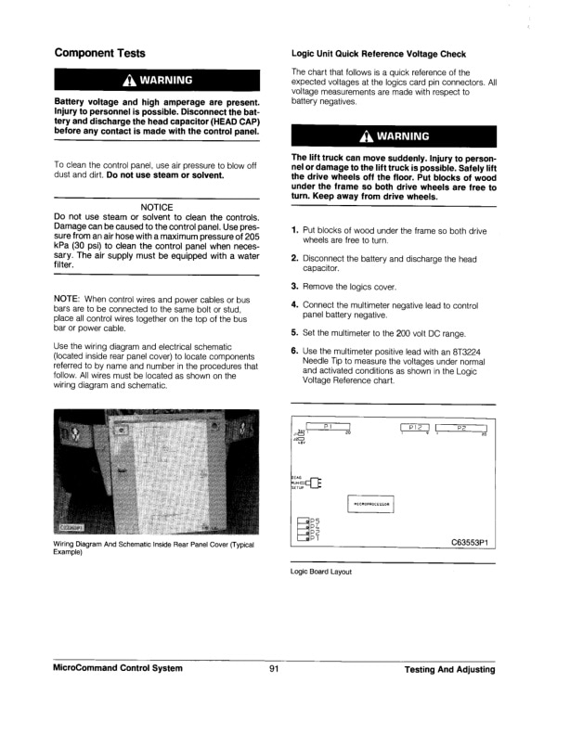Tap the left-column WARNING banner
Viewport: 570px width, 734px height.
click(x=156, y=81)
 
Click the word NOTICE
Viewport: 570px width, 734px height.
click(x=156, y=206)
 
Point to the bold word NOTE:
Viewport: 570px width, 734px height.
click(x=70, y=299)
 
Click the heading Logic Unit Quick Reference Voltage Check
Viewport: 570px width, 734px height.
click(x=379, y=54)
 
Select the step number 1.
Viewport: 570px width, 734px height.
click(x=294, y=229)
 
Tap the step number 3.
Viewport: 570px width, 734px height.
click(x=294, y=286)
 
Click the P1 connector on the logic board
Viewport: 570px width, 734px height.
click(x=327, y=427)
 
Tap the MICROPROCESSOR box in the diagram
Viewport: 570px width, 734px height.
click(x=375, y=505)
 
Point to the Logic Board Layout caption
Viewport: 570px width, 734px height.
click(x=321, y=573)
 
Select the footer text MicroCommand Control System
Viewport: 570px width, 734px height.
click(x=118, y=669)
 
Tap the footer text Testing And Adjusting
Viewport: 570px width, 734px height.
click(x=450, y=669)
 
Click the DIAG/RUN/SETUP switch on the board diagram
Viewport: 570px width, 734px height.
click(x=314, y=481)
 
